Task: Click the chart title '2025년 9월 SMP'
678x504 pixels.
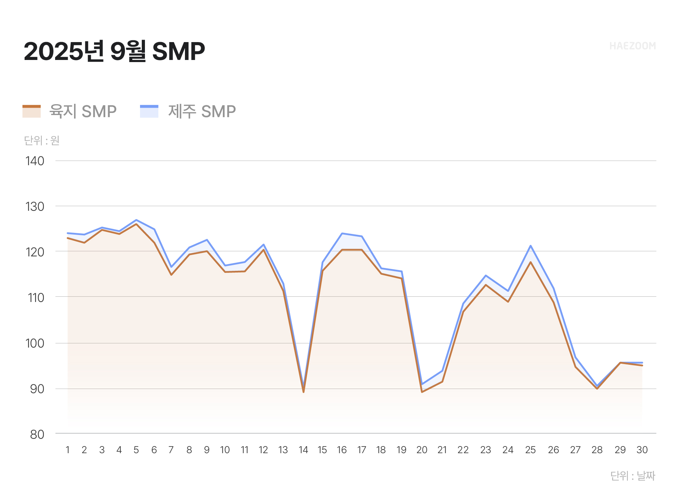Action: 114,51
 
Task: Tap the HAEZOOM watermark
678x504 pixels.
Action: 632,46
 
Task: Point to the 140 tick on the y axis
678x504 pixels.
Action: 35,161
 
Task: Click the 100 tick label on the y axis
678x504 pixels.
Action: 35,343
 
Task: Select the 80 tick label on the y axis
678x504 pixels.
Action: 37,434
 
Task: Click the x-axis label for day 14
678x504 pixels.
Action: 303,450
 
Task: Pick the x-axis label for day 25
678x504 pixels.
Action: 530,450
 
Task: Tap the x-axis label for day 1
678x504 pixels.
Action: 67,450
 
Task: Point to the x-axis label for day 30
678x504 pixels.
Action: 642,450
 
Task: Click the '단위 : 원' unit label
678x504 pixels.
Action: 42,140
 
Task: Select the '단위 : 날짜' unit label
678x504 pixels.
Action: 632,476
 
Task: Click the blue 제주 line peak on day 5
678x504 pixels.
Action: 136,220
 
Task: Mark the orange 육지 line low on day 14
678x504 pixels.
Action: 303,392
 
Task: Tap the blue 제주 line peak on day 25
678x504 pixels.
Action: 530,246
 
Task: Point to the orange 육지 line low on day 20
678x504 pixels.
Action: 422,392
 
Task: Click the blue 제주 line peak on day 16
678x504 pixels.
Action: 342,233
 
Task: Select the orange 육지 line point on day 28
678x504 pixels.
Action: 597,389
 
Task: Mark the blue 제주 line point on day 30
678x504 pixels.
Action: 642,363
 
